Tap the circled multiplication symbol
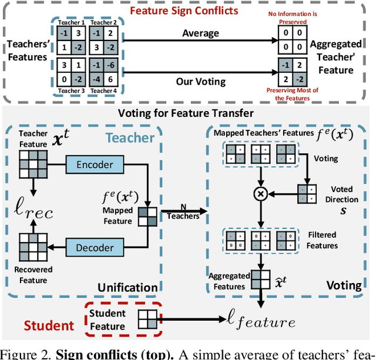pos(260,193)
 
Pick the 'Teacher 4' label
pos(101,90)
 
